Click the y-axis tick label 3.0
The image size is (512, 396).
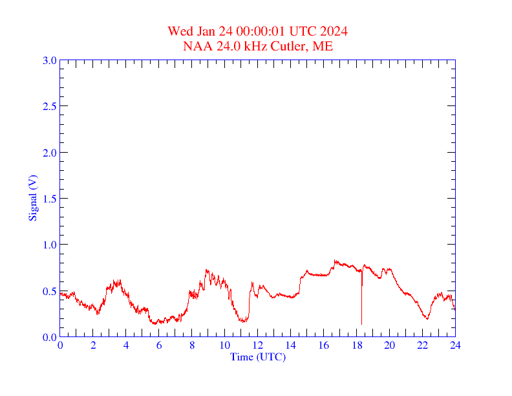50,60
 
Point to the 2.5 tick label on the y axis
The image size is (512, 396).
50,106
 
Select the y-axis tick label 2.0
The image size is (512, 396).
50,153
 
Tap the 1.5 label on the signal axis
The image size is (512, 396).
50,199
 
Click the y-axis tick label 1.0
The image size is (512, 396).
50,245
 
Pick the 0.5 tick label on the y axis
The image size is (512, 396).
50,291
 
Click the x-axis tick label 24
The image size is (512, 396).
455,345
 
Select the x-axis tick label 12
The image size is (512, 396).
258,345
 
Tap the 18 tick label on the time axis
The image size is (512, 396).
356,345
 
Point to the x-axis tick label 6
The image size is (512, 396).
159,345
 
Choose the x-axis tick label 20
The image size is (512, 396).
389,345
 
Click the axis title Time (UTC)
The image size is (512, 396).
258,357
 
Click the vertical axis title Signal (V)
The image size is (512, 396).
32,198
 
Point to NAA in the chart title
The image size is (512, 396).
195,46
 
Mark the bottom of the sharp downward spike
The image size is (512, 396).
361,324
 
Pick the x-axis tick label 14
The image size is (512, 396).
291,345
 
